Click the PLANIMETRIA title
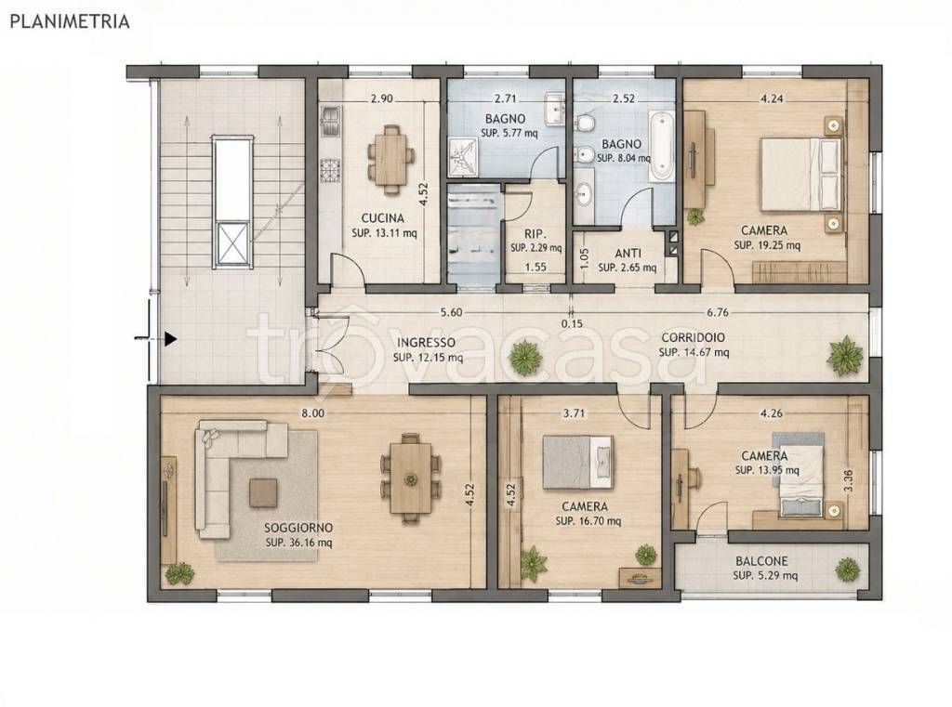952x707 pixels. coord(70,22)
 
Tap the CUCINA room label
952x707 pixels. coord(382,218)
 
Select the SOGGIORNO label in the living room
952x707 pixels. coord(298,529)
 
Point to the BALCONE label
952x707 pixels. coord(762,562)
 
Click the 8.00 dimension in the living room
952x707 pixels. coord(313,413)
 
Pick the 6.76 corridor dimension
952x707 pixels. coord(717,313)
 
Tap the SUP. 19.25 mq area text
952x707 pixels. coord(767,246)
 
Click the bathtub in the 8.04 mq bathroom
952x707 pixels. coord(661,146)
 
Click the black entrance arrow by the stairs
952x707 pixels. coord(171,339)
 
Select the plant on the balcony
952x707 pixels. coord(847,570)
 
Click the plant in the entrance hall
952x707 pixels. coord(525,358)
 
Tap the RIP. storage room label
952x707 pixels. coord(536,234)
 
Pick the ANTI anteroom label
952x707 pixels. coord(628,254)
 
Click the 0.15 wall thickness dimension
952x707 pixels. coord(572,324)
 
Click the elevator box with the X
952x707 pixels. coord(233,244)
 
